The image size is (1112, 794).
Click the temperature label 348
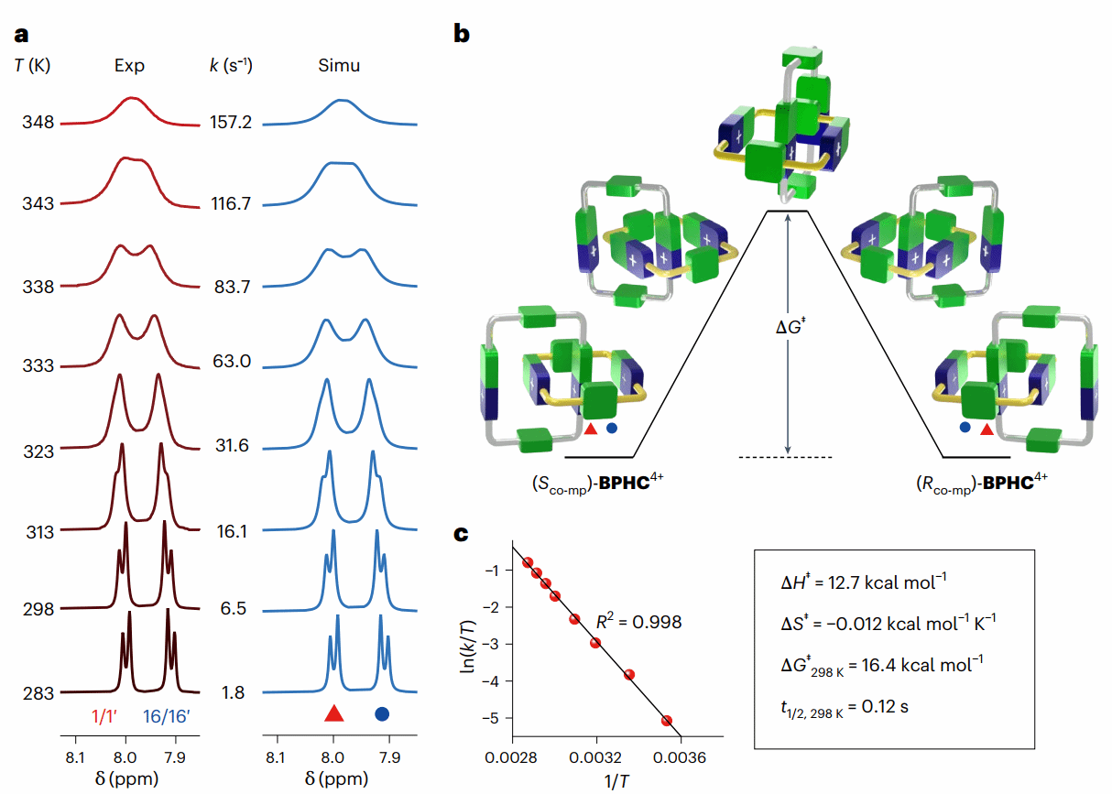tap(38, 123)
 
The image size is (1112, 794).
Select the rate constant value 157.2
tap(230, 123)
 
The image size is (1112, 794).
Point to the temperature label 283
tap(38, 692)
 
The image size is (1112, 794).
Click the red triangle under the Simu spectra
tap(334, 714)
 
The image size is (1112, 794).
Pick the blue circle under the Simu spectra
tap(382, 714)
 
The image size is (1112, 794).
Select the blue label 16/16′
tap(165, 716)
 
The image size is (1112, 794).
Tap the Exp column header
tap(129, 66)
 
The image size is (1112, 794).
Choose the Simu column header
tap(339, 66)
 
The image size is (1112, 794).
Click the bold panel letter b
tap(463, 35)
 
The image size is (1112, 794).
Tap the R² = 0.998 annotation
tap(640, 622)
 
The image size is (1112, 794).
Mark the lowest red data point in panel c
tap(667, 721)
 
